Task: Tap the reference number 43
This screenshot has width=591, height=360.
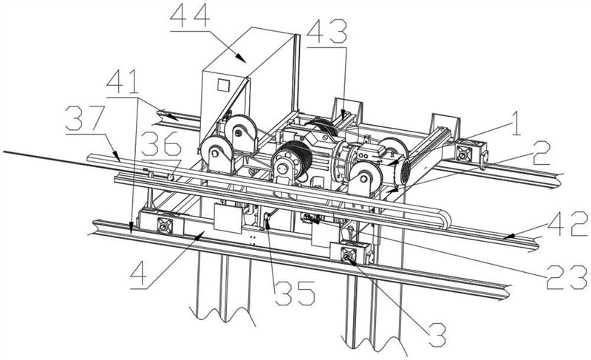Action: click(x=327, y=31)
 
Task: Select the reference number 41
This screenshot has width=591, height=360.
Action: click(x=122, y=83)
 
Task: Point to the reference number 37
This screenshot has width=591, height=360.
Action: click(x=85, y=118)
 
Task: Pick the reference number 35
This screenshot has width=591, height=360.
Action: click(x=294, y=293)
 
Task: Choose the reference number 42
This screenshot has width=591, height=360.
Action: click(x=567, y=223)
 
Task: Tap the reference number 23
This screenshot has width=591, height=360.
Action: click(x=567, y=277)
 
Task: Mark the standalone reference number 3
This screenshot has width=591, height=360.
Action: click(x=437, y=335)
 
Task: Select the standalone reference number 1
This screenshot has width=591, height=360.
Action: click(x=515, y=123)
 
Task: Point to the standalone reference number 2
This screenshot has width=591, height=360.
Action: click(x=541, y=153)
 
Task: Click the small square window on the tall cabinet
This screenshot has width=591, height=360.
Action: click(x=223, y=85)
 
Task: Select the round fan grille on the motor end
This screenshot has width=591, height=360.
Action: click(x=404, y=172)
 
